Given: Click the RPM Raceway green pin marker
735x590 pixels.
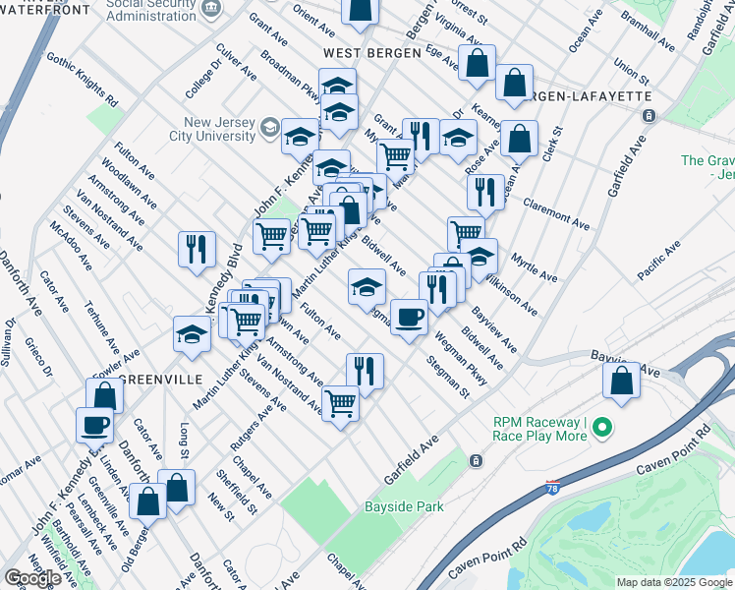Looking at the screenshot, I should (604, 429).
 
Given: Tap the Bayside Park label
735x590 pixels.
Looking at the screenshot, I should (404, 506).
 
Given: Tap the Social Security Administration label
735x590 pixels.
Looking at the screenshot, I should (149, 8).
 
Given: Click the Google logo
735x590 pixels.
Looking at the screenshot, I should (32, 578).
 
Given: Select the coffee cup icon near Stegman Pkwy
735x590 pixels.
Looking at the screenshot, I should (409, 317).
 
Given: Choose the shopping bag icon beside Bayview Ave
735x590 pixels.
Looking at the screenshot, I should (621, 381).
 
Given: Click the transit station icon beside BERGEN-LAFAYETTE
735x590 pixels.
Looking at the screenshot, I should (649, 116).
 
